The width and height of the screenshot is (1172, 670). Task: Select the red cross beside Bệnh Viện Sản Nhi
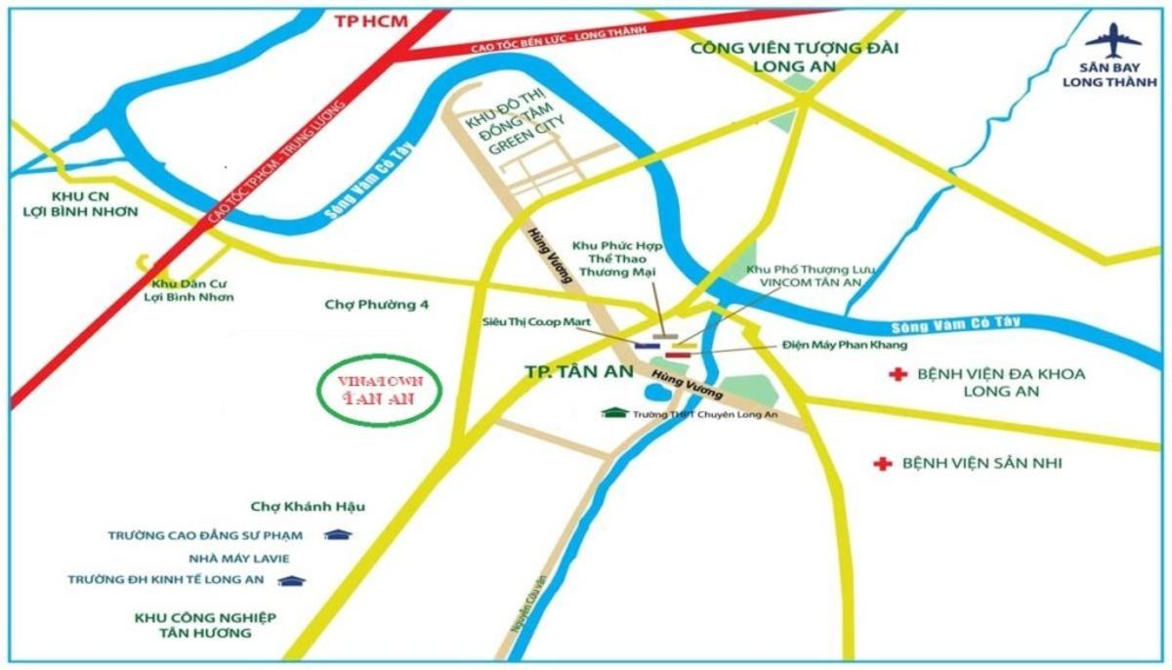point(883,463)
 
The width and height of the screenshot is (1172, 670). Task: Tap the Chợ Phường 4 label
point(376,305)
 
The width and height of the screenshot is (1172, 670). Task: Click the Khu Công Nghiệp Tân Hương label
point(205,625)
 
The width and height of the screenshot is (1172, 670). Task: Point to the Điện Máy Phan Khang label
point(846,345)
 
